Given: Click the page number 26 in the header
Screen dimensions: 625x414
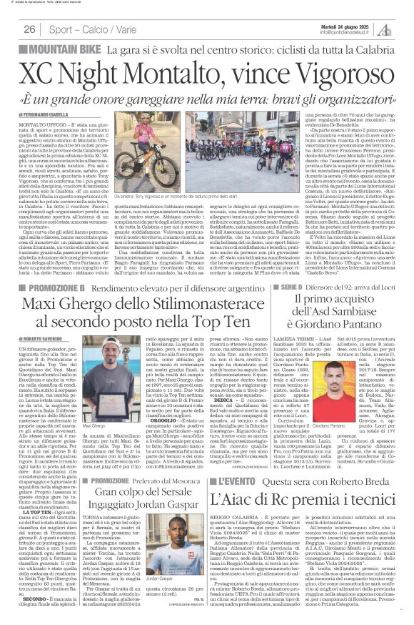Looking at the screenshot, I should click(30, 29).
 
